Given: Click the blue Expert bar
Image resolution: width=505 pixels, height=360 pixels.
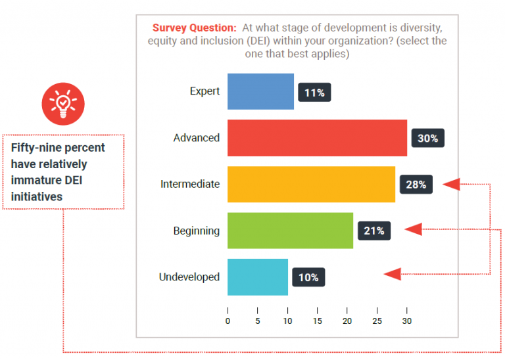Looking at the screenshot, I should tap(260, 91).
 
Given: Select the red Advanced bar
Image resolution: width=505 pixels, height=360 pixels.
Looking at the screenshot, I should tap(317, 138).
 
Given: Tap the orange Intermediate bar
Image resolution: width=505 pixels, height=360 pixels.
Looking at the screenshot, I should tap(311, 184).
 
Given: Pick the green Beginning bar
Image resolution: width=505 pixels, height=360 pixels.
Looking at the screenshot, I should tap(290, 231).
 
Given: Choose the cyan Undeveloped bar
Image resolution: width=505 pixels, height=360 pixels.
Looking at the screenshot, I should tap(257, 277).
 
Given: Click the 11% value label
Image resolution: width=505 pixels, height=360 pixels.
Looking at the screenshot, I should tap(314, 93).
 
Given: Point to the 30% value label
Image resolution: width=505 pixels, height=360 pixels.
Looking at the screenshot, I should tap(427, 139).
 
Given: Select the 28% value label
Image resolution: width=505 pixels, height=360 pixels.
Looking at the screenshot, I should tap(416, 185).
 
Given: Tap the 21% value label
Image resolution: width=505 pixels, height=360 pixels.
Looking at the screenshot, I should tap(373, 231).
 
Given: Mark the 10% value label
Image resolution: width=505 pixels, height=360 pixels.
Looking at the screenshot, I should tap(308, 277).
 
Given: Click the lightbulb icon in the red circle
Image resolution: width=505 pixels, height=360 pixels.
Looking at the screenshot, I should tap(63, 103).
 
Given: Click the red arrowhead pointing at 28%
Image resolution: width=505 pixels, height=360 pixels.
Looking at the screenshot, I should tap(451, 184).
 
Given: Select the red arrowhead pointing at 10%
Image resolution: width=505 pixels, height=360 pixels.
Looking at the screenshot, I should tap(393, 274).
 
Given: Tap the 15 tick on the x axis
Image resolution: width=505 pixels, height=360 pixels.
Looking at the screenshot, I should tap(317, 321).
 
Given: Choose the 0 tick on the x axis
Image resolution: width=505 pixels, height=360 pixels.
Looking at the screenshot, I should tap(228, 321).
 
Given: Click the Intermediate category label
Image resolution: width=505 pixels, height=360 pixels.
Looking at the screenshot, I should tap(190, 184).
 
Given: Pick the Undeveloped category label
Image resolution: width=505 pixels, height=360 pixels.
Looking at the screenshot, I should tap(189, 277).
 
